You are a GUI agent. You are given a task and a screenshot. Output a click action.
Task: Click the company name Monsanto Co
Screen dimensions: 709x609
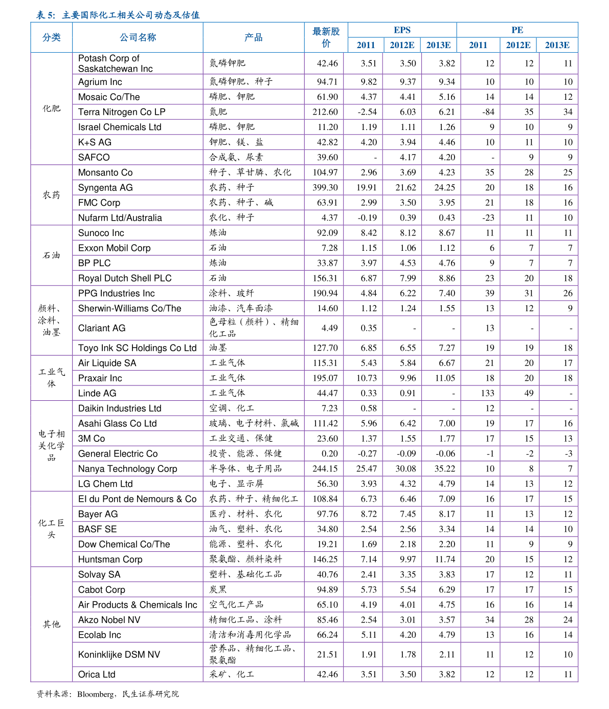(105, 173)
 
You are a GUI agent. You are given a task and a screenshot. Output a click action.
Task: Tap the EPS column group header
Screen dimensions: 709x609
(402, 30)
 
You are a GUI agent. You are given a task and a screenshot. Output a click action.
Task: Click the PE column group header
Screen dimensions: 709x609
(517, 30)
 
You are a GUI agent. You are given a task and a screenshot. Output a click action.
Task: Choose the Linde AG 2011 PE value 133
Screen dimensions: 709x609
(487, 393)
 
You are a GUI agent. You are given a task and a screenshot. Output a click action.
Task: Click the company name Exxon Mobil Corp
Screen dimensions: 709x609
(115, 248)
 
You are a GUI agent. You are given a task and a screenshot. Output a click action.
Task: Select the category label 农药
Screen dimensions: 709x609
(51, 195)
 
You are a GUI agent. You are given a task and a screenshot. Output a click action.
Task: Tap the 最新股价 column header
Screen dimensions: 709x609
(326, 37)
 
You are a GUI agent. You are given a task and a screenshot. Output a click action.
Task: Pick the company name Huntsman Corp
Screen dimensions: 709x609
(110, 560)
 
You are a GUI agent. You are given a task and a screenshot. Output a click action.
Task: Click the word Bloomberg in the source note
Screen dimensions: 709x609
(96, 695)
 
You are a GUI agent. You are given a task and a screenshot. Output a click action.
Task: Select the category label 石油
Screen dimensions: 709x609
(51, 255)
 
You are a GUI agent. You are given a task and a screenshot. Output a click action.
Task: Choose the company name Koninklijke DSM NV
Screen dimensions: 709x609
(119, 655)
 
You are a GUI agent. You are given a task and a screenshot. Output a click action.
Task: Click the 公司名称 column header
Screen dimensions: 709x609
(138, 37)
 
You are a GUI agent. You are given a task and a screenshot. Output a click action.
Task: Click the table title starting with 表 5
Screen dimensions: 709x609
(118, 15)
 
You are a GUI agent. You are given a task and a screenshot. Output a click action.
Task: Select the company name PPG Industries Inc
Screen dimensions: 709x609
(117, 293)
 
